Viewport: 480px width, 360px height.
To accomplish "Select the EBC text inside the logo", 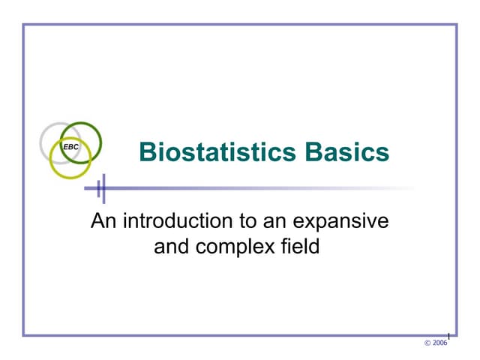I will point(70,147).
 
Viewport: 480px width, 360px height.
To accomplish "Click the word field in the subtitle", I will point(301,246).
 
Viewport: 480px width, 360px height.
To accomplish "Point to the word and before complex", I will point(171,246).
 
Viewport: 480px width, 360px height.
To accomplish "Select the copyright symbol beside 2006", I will point(427,343).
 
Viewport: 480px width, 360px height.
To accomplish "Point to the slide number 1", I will point(448,334).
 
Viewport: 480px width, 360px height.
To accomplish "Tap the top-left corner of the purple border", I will point(24,25).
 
